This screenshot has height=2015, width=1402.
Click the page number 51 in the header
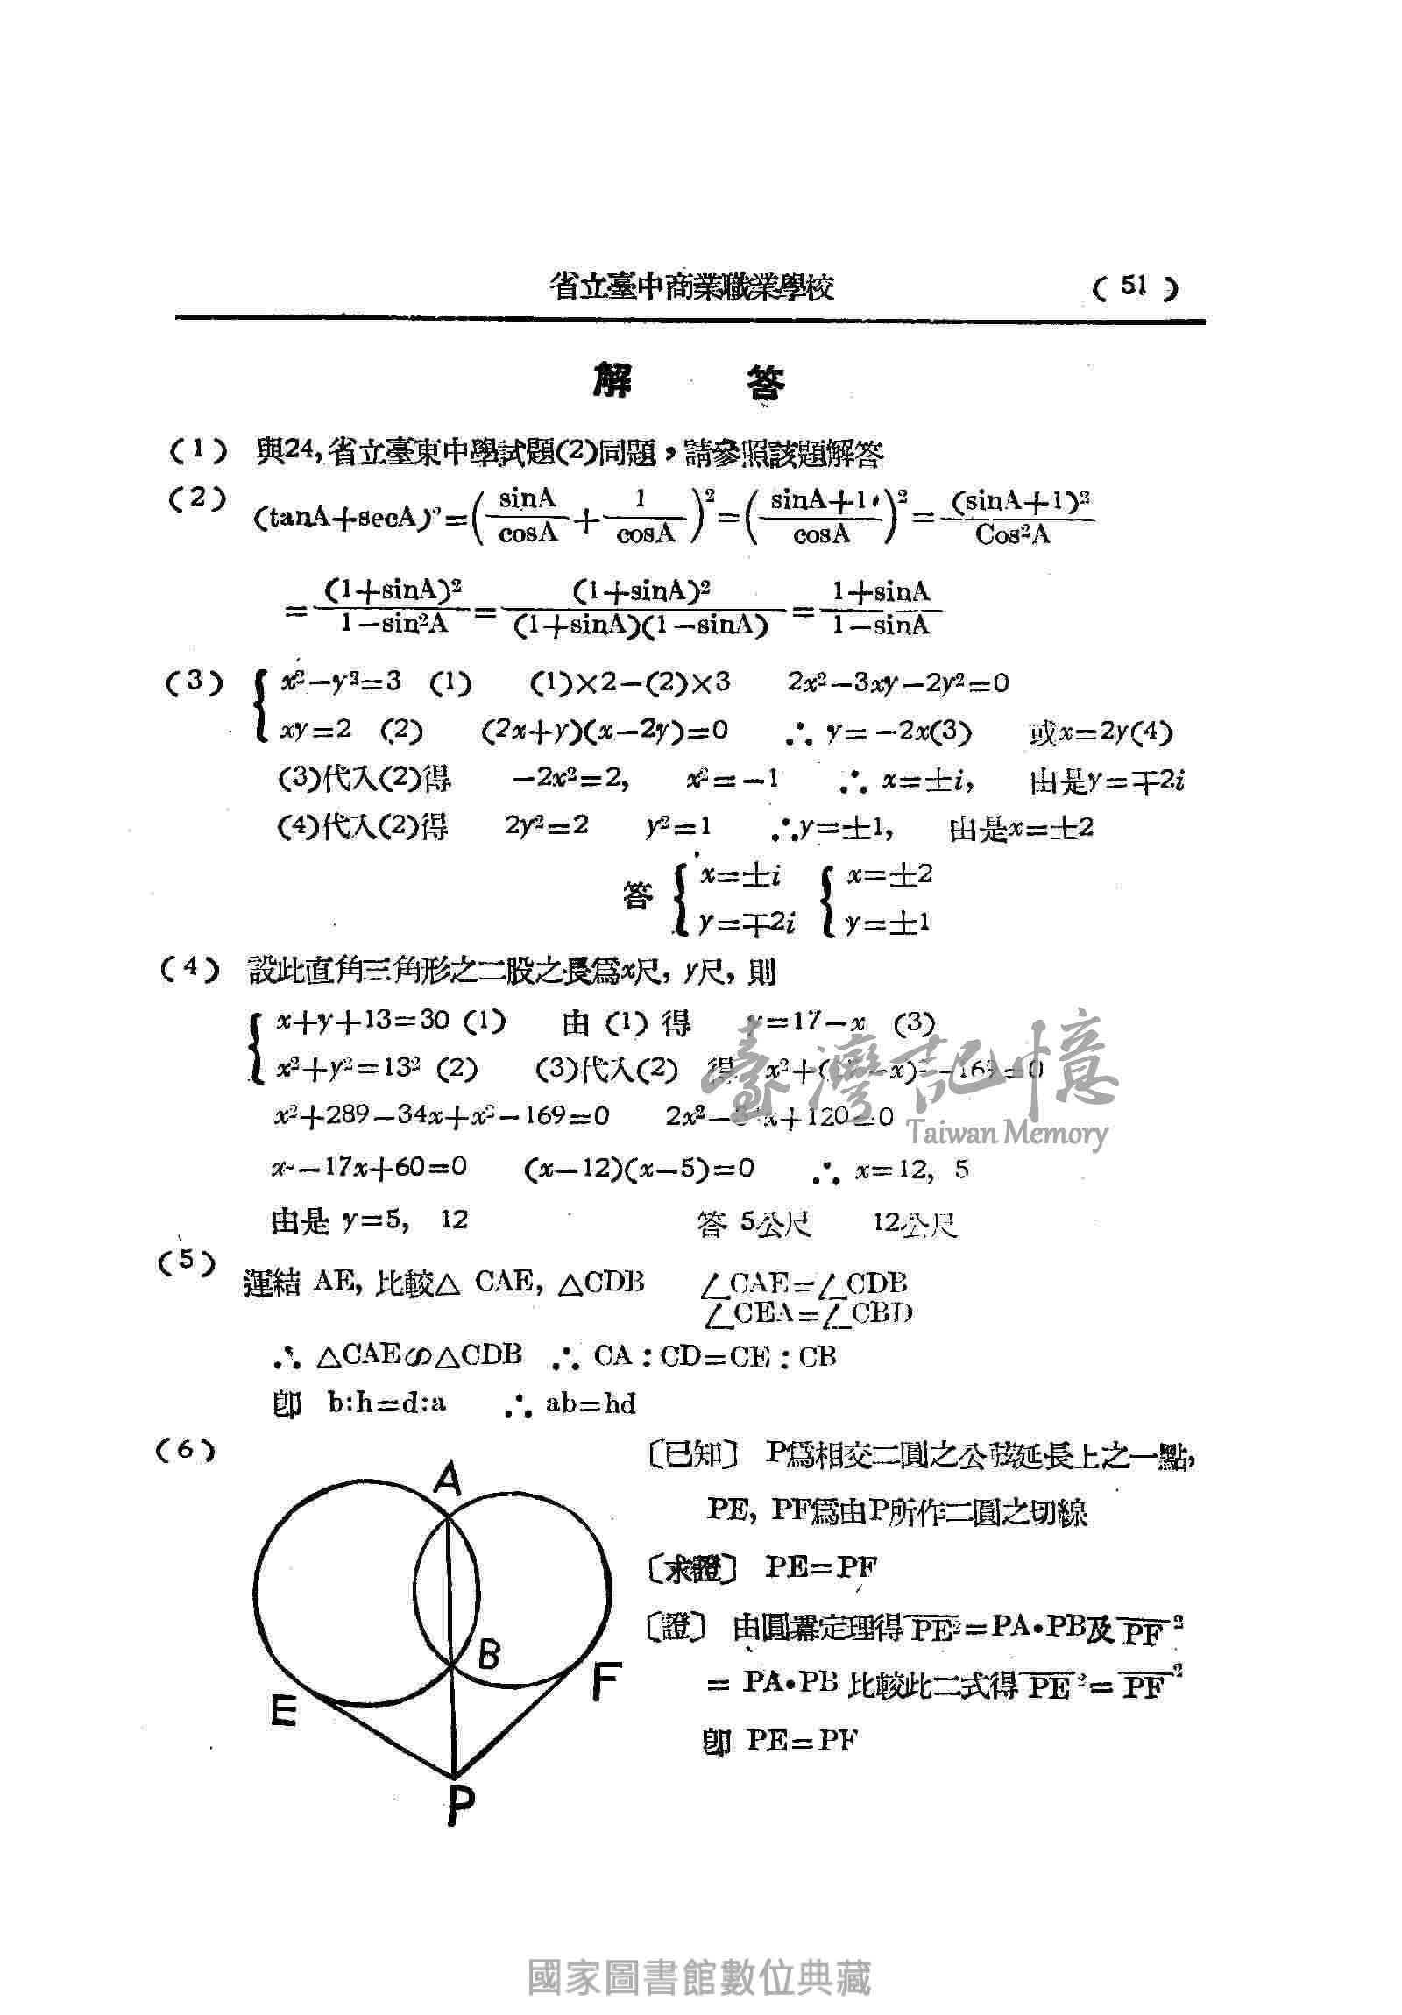tap(1134, 286)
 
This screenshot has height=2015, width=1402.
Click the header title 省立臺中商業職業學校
tap(691, 287)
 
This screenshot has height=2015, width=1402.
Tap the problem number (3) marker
tap(195, 682)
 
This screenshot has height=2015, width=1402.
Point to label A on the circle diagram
tap(448, 1482)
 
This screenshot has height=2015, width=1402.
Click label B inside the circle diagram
tap(488, 1654)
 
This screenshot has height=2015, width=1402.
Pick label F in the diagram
tap(605, 1681)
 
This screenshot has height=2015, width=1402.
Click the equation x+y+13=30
tap(364, 1021)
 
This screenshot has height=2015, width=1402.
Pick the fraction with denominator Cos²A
tap(1014, 518)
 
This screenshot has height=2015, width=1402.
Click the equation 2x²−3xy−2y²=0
tap(897, 683)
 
